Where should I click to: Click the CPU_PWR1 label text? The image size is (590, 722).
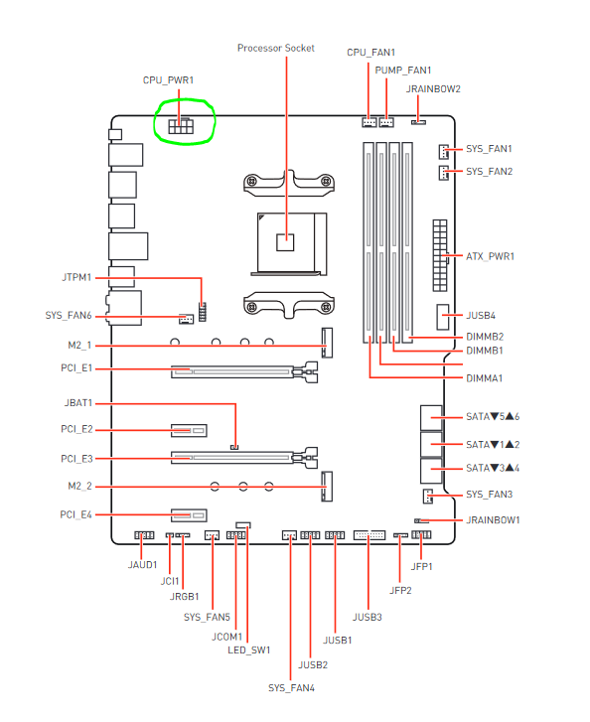click(168, 80)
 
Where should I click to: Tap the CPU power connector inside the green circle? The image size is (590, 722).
click(181, 126)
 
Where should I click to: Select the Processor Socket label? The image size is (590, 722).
click(276, 48)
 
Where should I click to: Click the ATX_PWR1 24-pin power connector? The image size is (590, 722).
click(440, 255)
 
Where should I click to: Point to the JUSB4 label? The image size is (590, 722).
click(481, 316)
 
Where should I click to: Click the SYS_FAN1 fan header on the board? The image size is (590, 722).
click(444, 151)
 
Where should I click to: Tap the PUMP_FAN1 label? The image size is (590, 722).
click(403, 70)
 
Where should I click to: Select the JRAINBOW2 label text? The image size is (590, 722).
click(433, 88)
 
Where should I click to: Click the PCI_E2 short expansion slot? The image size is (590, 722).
click(189, 431)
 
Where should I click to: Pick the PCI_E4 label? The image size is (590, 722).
click(76, 514)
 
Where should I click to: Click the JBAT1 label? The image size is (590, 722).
click(78, 403)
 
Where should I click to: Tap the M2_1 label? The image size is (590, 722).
click(79, 346)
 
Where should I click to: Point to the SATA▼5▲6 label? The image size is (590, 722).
click(493, 417)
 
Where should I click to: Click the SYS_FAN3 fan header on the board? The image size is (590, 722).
click(428, 496)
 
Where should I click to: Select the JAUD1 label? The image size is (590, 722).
click(142, 564)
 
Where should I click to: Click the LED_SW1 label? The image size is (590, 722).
click(248, 650)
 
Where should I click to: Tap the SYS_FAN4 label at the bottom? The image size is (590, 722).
click(291, 687)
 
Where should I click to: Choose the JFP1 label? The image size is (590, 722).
click(421, 566)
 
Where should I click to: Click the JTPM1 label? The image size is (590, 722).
click(76, 277)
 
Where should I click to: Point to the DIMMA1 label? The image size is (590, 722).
click(484, 378)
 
